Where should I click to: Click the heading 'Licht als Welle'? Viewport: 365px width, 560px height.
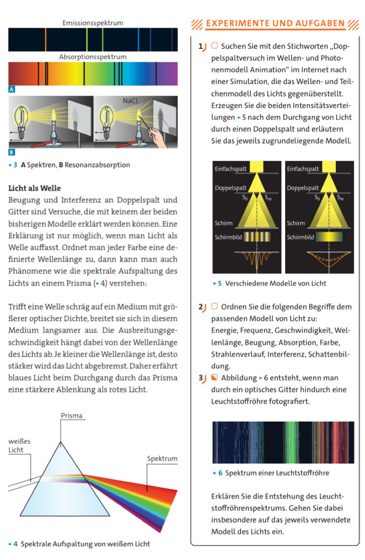[x=35, y=188]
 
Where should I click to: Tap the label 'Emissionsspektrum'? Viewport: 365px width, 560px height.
[x=93, y=23]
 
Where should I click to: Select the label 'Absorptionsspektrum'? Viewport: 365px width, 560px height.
[x=93, y=56]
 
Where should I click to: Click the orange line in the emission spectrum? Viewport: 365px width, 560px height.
[x=46, y=39]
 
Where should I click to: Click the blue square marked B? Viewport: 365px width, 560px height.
[x=11, y=152]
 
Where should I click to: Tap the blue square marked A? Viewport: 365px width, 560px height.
[x=11, y=90]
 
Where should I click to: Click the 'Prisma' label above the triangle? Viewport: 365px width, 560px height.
[x=71, y=415]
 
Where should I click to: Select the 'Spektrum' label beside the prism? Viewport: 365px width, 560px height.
[x=162, y=459]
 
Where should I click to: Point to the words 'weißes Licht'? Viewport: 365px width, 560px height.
[x=19, y=445]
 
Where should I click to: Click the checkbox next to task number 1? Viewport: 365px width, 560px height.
[x=214, y=46]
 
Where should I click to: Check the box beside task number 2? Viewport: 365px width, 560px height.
[x=214, y=307]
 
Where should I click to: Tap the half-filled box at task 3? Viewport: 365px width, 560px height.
[x=214, y=378]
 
